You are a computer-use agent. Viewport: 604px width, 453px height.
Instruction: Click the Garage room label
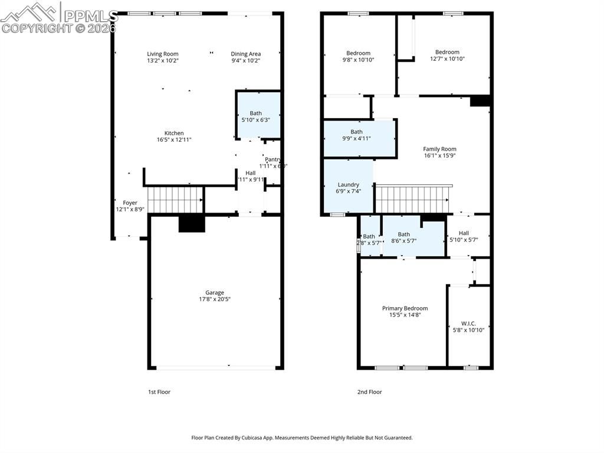point(214,292)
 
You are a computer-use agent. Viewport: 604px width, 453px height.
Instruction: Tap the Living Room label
point(162,54)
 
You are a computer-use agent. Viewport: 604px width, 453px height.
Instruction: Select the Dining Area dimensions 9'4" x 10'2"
point(245,60)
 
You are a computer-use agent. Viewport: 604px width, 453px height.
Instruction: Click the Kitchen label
point(174,133)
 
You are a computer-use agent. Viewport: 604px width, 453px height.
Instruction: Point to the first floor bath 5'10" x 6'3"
point(255,116)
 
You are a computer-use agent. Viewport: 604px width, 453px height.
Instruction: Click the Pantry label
point(273,159)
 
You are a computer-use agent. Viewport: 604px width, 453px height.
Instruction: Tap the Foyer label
point(130,203)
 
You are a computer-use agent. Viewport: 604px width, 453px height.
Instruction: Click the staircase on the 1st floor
point(175,200)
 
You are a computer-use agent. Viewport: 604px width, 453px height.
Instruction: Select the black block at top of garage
point(192,224)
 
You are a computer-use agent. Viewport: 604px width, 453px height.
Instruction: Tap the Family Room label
point(439,149)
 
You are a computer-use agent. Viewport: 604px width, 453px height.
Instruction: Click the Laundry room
point(348,188)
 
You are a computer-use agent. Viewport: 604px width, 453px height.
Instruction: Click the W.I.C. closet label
point(468,324)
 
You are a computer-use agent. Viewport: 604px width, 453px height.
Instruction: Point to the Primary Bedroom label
point(405,308)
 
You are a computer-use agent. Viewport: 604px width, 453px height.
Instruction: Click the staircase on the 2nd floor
point(413,199)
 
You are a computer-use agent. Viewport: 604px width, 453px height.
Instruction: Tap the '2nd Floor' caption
point(370,392)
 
